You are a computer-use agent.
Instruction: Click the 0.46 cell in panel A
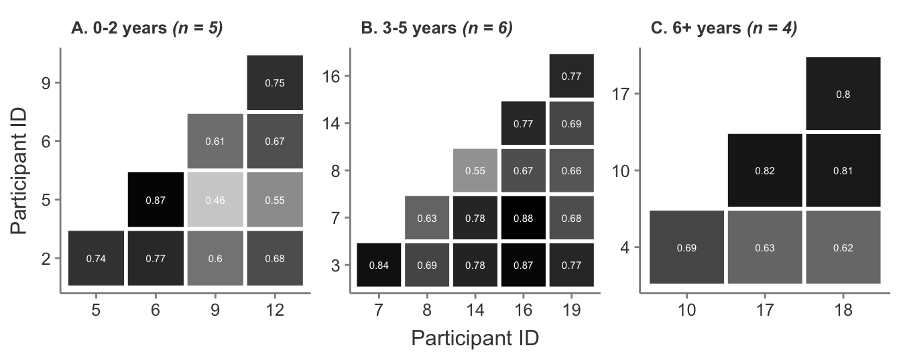click(215, 200)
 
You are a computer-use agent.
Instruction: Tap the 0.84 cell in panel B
click(379, 265)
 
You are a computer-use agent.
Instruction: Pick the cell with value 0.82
click(765, 170)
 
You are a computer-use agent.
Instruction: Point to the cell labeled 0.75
click(275, 83)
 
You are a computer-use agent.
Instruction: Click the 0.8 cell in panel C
click(843, 94)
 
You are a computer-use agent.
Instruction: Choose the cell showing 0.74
click(96, 258)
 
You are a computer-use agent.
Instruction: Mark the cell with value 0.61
click(215, 141)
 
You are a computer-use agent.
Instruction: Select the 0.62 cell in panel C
click(843, 247)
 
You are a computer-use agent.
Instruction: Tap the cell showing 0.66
click(571, 170)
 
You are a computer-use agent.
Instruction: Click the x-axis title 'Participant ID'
click(475, 338)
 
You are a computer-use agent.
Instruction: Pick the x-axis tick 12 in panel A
click(275, 310)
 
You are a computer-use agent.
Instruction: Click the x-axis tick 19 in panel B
click(571, 310)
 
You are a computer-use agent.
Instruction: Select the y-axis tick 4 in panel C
click(623, 247)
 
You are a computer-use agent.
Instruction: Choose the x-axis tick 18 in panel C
click(843, 310)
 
